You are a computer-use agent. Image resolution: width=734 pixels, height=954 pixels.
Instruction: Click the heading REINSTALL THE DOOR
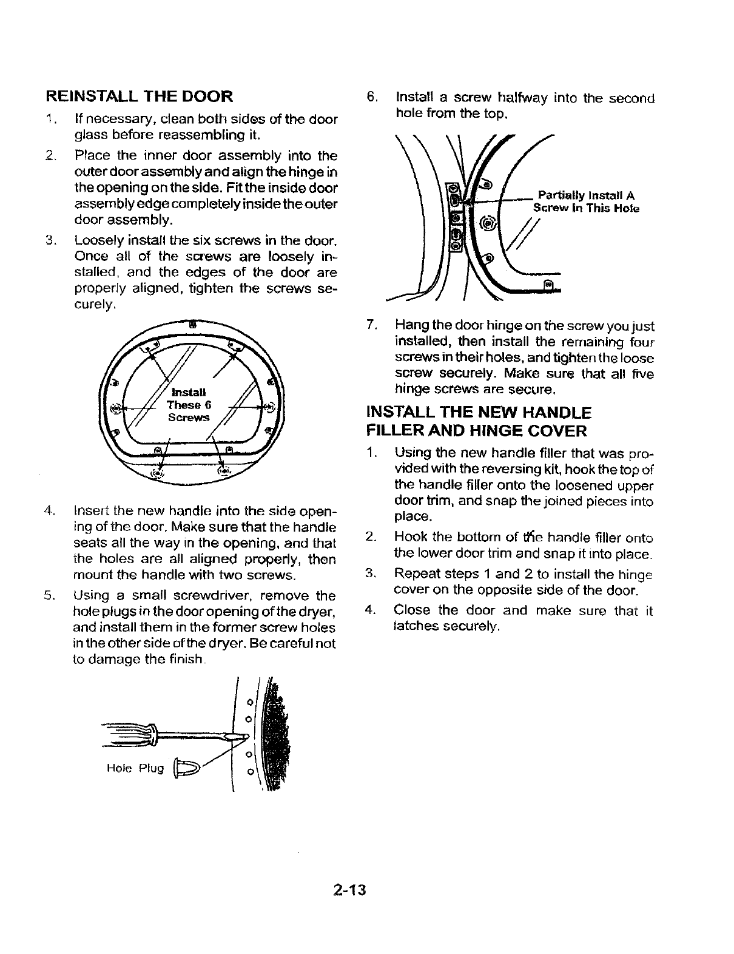click(x=139, y=96)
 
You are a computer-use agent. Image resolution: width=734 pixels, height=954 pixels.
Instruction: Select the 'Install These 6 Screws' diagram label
click(x=188, y=405)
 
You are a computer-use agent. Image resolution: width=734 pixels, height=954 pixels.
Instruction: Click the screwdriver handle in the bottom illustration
click(x=127, y=732)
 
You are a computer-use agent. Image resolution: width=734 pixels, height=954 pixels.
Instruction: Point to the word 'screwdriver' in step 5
click(x=227, y=595)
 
